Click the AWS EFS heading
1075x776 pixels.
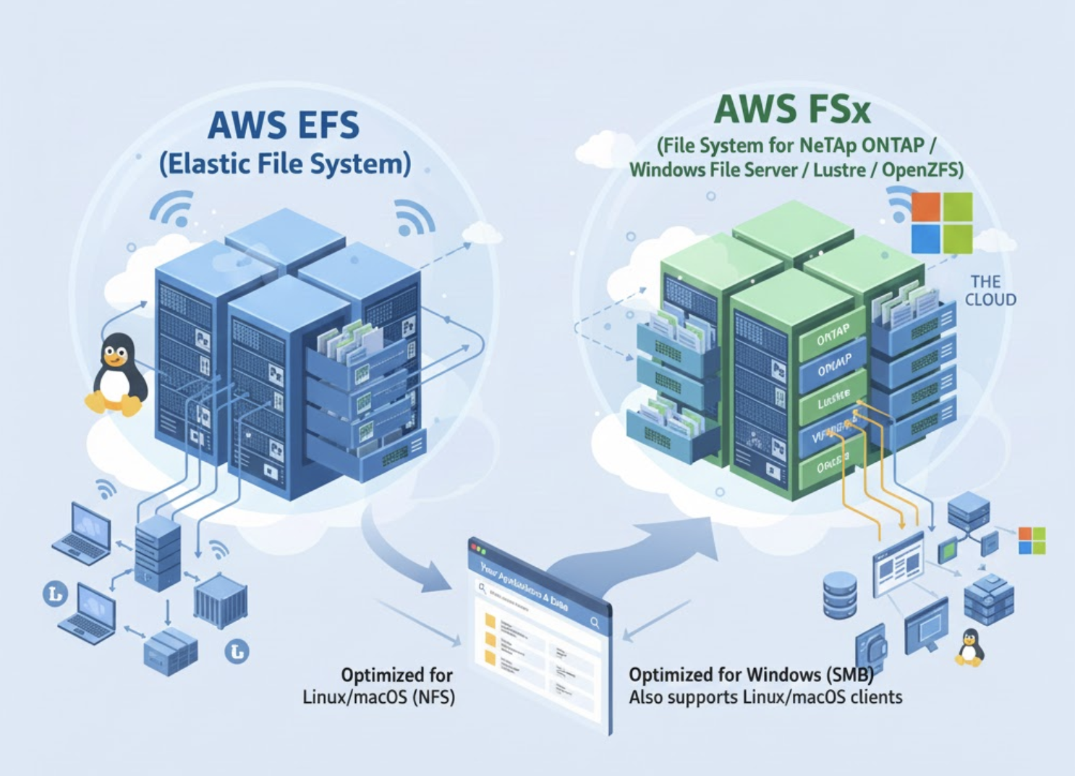click(x=283, y=125)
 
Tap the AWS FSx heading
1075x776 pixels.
click(x=792, y=110)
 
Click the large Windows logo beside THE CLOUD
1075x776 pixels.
click(x=941, y=222)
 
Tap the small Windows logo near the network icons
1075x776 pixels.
click(x=1032, y=541)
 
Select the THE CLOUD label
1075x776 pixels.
click(x=990, y=290)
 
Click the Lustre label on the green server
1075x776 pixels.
click(x=833, y=398)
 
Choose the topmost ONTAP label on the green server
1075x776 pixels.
click(x=833, y=335)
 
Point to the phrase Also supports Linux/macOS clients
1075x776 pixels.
click(x=765, y=698)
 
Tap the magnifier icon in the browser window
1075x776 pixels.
click(x=595, y=622)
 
